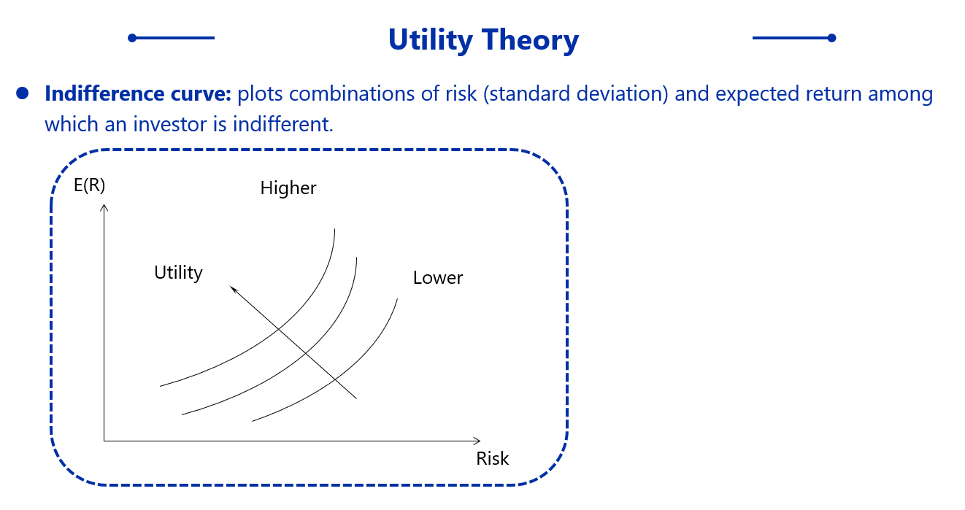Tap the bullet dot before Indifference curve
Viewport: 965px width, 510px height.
click(22, 93)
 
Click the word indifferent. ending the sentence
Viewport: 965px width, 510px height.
click(283, 124)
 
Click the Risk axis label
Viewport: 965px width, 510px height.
click(493, 459)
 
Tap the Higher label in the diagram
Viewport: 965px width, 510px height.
click(288, 188)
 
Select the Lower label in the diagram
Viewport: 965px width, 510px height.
click(438, 278)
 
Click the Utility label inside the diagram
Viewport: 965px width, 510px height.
click(178, 273)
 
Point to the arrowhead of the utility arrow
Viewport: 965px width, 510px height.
click(232, 288)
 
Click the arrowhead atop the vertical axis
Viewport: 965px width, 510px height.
click(104, 207)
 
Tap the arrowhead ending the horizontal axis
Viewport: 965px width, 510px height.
click(478, 441)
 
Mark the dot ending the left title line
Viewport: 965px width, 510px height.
click(132, 38)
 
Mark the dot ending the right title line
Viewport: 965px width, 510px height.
click(832, 38)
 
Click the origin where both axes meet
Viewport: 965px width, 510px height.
click(104, 441)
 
